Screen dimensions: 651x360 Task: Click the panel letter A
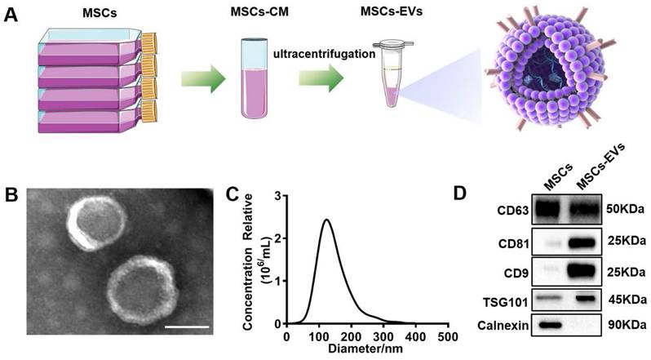11,17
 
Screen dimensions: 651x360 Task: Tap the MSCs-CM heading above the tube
259,12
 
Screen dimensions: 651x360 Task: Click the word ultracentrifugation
324,54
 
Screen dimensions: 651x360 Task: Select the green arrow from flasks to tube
203,78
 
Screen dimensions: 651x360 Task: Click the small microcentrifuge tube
392,73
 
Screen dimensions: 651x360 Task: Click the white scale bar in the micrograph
187,327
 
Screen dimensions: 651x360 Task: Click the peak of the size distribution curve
326,220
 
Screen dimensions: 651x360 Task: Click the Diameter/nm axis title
365,349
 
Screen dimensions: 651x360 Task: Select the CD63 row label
514,211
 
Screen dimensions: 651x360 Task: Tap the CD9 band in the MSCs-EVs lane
584,272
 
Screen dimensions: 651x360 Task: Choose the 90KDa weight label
625,324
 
